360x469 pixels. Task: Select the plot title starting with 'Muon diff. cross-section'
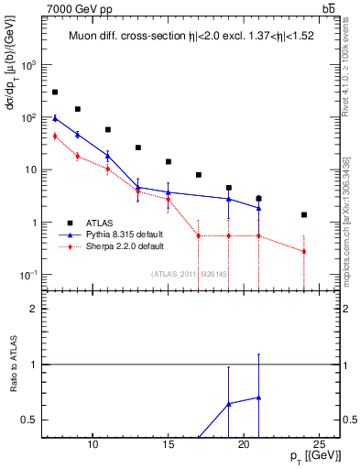pos(198,38)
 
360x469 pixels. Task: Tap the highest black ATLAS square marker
pos(55,93)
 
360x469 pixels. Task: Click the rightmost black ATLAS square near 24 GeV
pos(304,214)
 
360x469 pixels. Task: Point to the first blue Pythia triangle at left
pos(55,118)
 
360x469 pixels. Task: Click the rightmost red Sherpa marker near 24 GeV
pos(304,251)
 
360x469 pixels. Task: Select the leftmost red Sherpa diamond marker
pos(55,136)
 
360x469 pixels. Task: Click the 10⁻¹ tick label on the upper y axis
pos(27,276)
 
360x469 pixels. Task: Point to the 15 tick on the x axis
pos(169,444)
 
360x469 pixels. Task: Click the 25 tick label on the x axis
pos(319,444)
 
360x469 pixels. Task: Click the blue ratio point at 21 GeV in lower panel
pos(259,398)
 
